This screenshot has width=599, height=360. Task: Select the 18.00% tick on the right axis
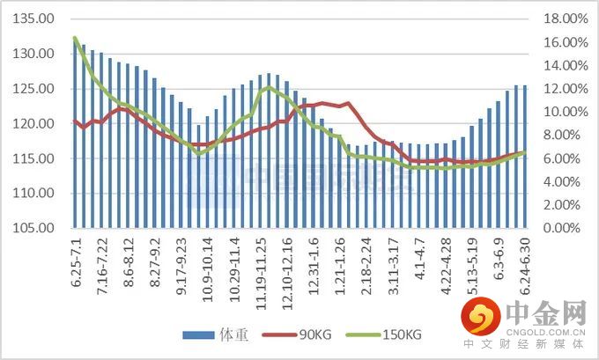[x=559, y=19]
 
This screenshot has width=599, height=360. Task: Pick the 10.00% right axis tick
[x=559, y=112]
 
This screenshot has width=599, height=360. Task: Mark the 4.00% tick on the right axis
[x=562, y=181]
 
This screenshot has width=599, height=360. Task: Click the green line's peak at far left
[x=75, y=38]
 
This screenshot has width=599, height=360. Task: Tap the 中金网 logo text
[x=546, y=312]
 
